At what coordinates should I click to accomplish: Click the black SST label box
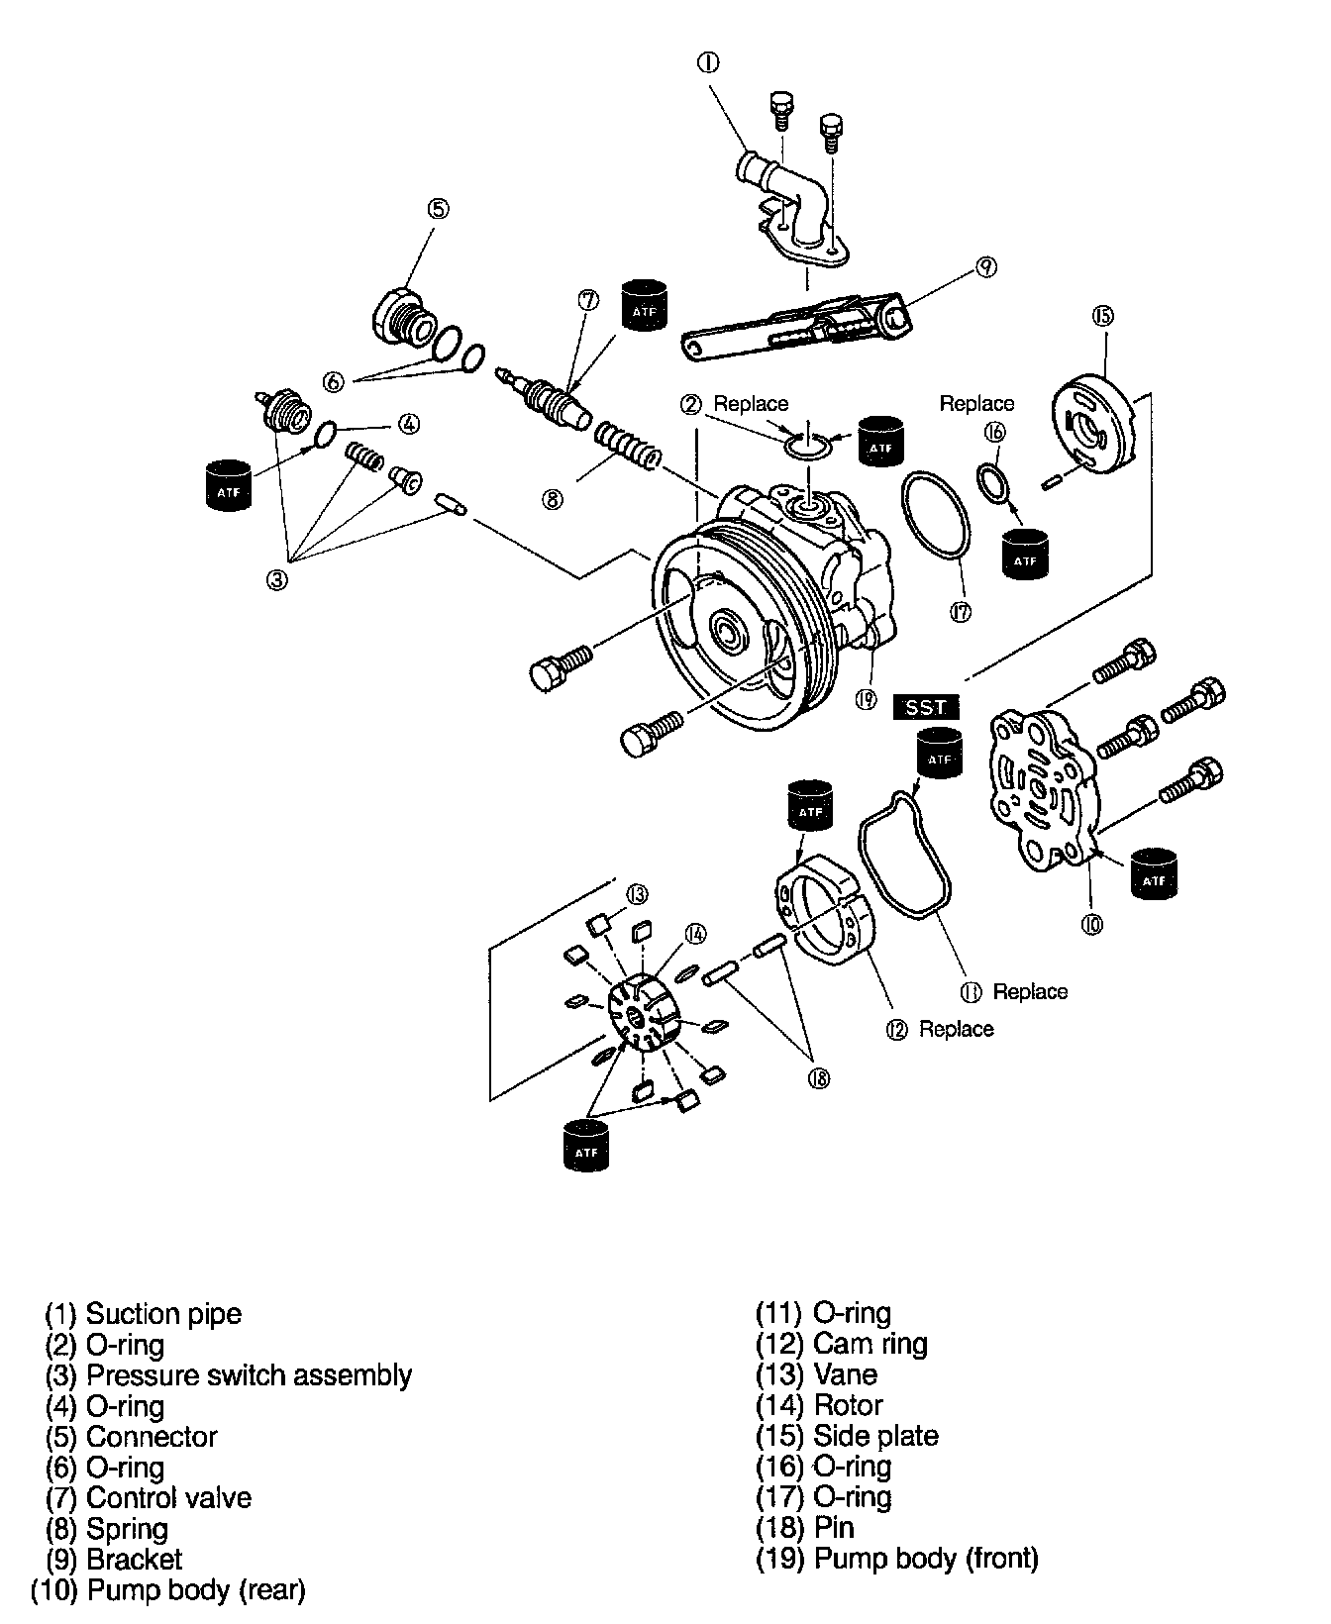point(926,707)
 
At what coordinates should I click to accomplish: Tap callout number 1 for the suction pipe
point(708,62)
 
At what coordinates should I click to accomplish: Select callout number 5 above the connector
point(439,208)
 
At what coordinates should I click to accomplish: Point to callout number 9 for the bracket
point(985,266)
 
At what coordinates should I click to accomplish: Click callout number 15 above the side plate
point(1103,315)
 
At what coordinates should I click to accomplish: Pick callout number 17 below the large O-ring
point(960,612)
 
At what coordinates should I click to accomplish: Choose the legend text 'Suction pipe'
point(163,1314)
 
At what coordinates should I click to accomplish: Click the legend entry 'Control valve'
point(168,1498)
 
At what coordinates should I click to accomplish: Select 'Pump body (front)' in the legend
point(925,1559)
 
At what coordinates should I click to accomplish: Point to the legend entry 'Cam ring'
point(870,1344)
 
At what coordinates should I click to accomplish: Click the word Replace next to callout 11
point(1030,992)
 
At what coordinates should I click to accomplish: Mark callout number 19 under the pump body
point(866,700)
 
